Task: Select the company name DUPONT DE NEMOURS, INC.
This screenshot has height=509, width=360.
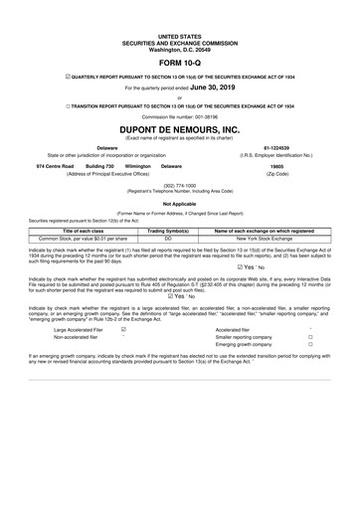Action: [179, 129]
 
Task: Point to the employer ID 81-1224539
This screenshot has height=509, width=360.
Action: [282, 144]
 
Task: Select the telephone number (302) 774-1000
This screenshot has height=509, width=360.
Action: [179, 183]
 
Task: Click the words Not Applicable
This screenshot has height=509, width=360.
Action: [179, 202]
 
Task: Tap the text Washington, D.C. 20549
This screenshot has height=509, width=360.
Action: [179, 49]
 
